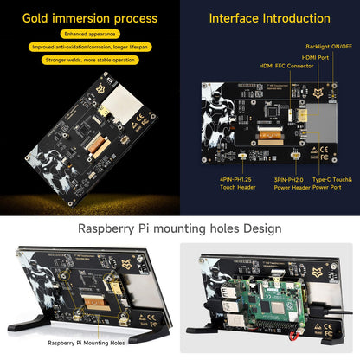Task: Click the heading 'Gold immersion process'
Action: click(x=90, y=18)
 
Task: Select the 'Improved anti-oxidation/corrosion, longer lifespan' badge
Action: click(x=90, y=48)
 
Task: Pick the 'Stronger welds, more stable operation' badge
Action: click(x=90, y=61)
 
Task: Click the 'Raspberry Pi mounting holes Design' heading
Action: click(x=179, y=228)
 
